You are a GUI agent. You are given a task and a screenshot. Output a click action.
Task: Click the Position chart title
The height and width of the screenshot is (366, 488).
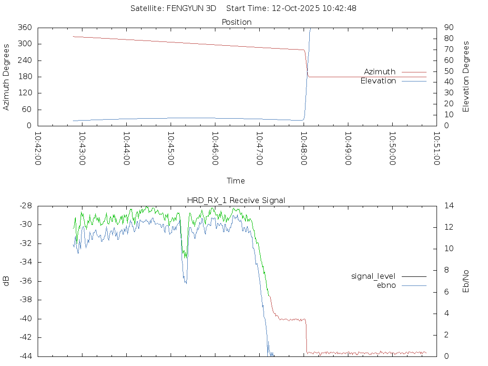coord(237,22)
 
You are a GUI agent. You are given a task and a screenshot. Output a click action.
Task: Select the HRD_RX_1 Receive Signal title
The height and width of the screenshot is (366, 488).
coord(237,200)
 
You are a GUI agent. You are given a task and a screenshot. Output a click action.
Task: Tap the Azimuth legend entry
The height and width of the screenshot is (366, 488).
coord(380,72)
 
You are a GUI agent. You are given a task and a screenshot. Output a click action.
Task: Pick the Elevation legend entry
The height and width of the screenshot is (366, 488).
coord(378,81)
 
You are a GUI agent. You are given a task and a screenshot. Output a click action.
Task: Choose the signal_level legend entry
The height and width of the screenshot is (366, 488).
coord(373,276)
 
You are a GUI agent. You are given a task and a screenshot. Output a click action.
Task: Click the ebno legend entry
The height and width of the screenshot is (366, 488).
coord(386,285)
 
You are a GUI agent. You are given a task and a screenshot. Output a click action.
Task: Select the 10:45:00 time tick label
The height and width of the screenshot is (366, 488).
coord(171,148)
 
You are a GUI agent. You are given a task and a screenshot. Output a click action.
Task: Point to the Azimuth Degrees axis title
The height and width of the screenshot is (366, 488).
coord(7,77)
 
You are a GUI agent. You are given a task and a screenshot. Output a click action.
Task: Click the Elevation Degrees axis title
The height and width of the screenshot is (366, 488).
coord(466,77)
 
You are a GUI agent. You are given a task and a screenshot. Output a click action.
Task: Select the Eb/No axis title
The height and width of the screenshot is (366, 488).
coord(466,281)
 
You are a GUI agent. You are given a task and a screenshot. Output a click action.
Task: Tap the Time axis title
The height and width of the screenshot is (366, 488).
coord(236,181)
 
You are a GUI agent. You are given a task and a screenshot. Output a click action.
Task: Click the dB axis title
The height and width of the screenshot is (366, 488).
coord(7,281)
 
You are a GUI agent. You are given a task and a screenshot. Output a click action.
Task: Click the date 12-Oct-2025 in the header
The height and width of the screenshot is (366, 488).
coord(292,8)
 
